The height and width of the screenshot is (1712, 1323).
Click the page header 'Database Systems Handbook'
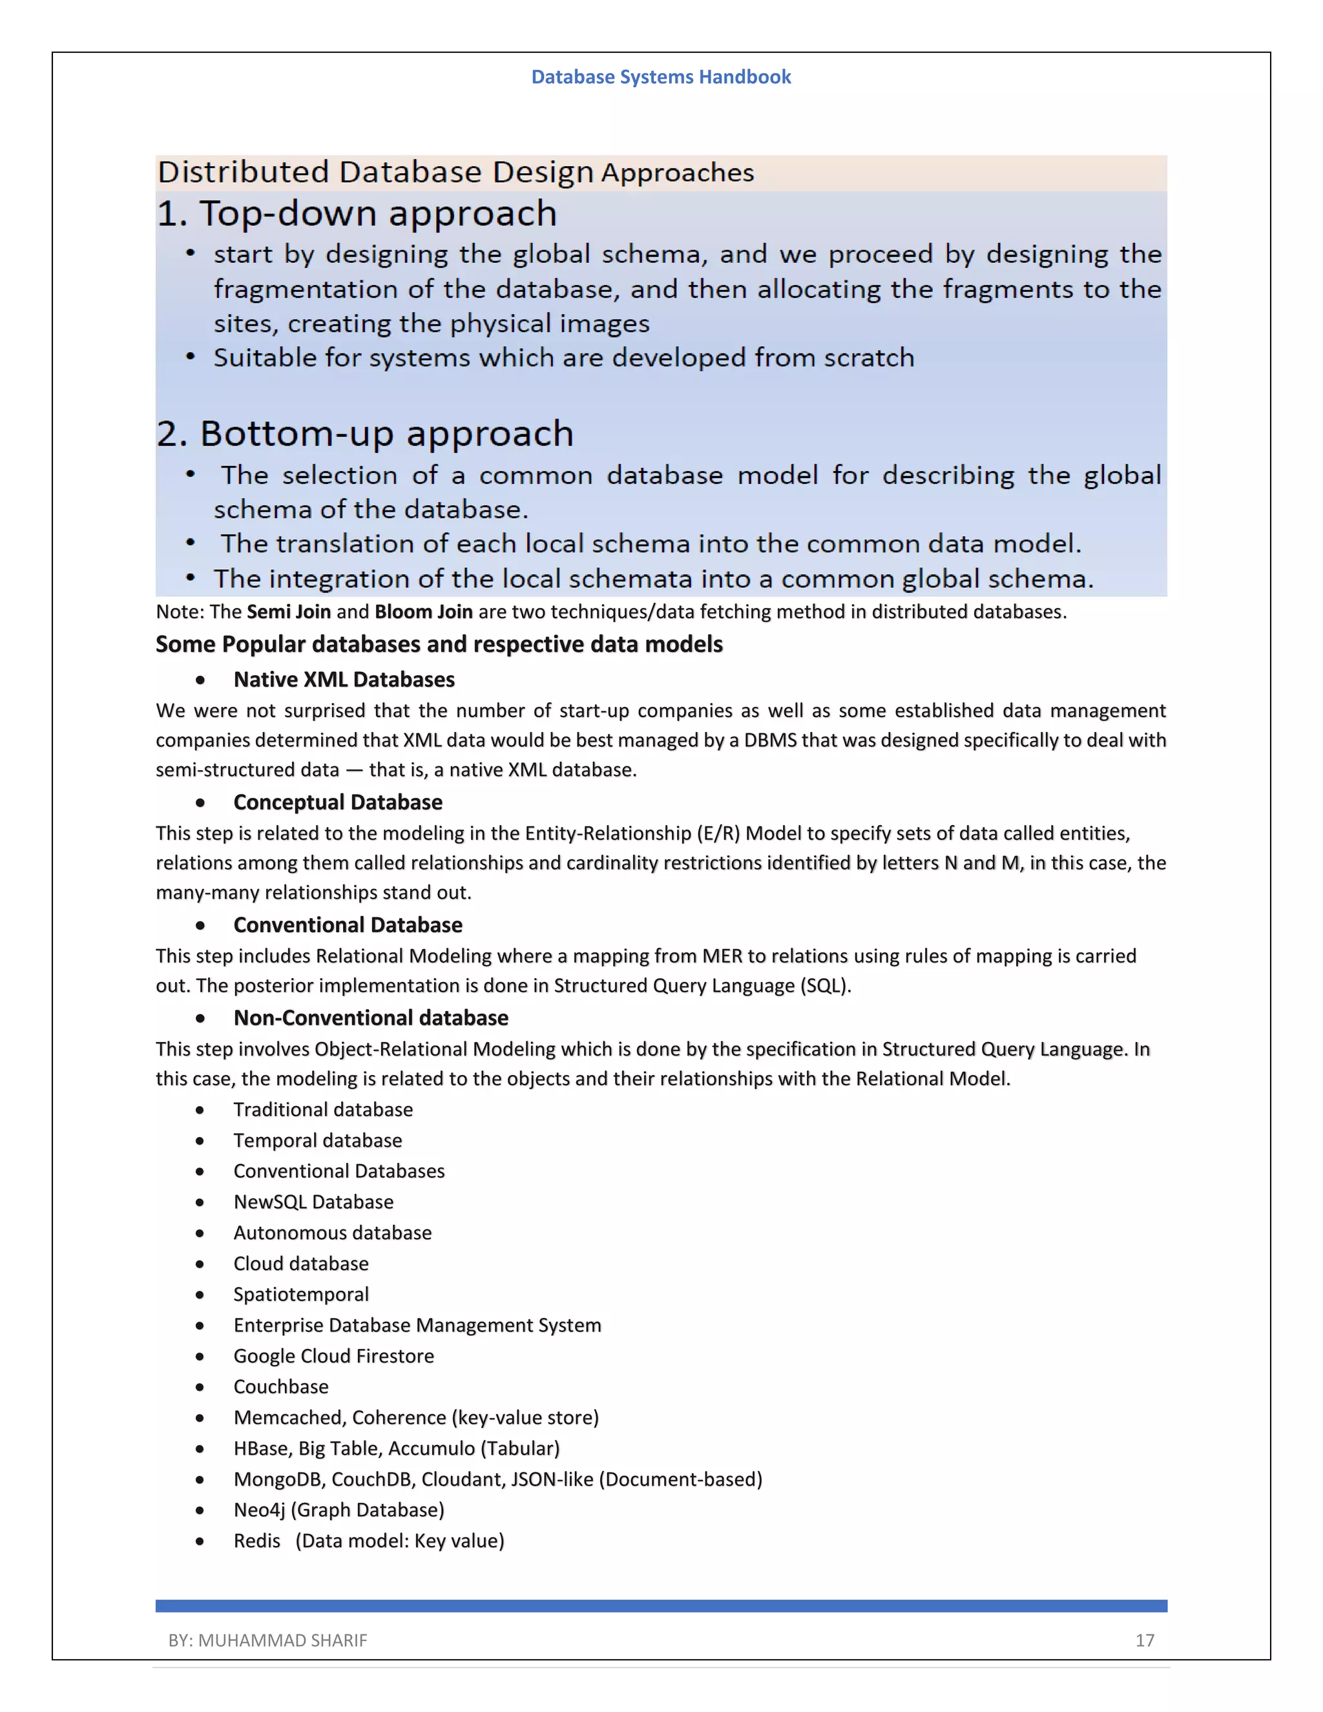pos(661,77)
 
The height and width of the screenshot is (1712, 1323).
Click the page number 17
pos(1144,1640)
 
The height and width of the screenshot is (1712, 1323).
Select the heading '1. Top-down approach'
pos(357,214)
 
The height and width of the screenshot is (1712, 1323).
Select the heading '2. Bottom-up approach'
pos(365,433)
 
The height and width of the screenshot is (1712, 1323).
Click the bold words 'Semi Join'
pos(288,611)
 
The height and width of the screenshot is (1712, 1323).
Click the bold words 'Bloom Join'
pos(423,611)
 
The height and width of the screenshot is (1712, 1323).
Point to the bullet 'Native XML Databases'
pos(344,680)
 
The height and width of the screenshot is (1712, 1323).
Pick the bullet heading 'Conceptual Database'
pos(338,802)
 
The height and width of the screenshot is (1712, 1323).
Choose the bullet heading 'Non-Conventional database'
pos(371,1018)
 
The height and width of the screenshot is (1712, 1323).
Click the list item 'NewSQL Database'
pos(313,1202)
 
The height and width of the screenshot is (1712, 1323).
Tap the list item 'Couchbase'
pos(280,1386)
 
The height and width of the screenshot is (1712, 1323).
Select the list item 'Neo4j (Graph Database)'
pos(339,1510)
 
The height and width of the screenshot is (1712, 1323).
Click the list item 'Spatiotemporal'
pos(301,1294)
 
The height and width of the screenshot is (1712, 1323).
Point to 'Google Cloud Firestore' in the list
pos(334,1356)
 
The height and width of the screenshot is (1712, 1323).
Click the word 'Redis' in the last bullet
pos(256,1540)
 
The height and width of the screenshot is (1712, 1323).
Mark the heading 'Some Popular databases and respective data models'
pos(439,644)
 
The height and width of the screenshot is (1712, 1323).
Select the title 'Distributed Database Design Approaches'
pos(455,172)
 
